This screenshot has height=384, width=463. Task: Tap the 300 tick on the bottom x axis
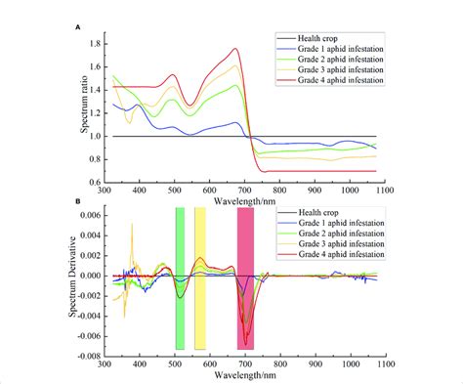105,362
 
